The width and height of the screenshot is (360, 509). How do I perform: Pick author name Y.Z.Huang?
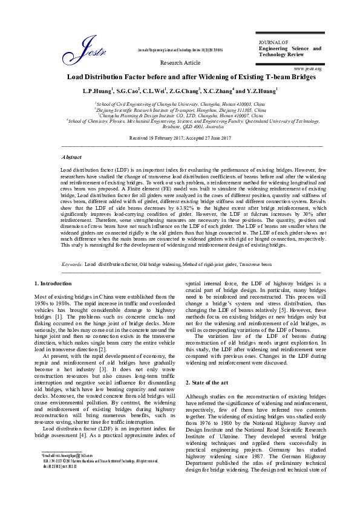click(x=262, y=91)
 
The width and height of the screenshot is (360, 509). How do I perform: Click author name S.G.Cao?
click(x=128, y=91)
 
